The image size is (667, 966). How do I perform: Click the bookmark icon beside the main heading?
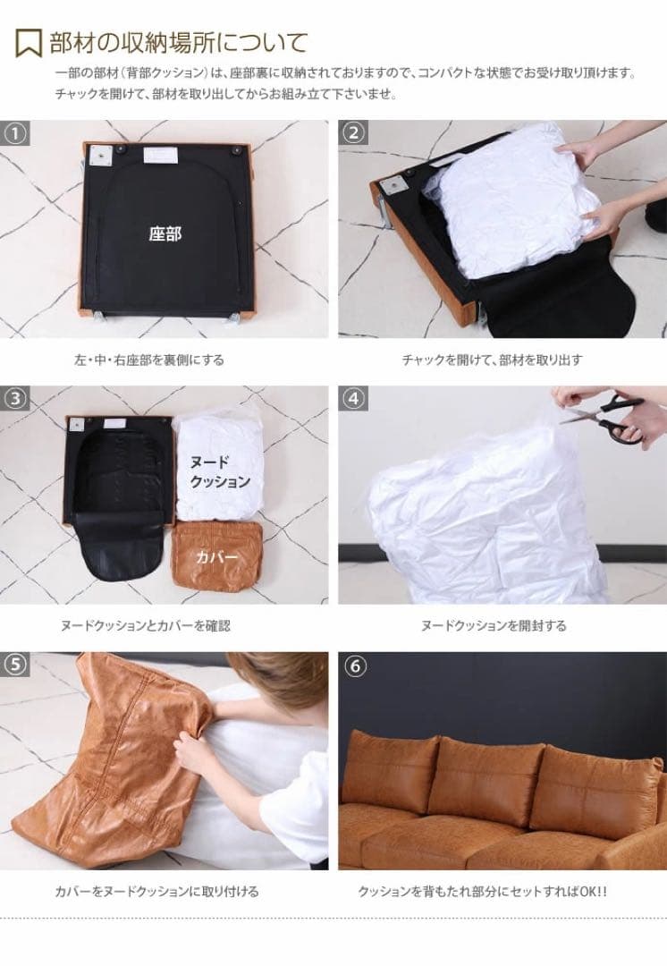point(29,43)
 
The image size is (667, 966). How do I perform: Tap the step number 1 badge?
point(15,133)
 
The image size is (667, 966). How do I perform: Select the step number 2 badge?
point(353,133)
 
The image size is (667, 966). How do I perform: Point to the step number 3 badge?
point(15,399)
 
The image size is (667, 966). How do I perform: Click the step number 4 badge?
point(353,399)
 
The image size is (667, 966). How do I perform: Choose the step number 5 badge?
point(15,665)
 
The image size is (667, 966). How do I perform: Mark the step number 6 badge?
point(353,666)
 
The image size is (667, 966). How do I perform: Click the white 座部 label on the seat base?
point(165,234)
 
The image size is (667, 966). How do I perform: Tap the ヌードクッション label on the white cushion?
point(220,472)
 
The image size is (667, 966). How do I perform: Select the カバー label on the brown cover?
point(216,557)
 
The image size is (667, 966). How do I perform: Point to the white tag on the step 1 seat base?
point(160,155)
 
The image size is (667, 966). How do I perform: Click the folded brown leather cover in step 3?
point(216,556)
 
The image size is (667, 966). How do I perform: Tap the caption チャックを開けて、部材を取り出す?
point(492,360)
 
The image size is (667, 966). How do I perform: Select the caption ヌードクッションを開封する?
point(494,625)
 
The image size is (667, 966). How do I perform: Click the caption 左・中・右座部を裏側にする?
point(149,360)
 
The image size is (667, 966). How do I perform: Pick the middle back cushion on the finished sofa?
point(484,781)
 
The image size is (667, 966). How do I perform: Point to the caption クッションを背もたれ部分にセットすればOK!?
point(482,891)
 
